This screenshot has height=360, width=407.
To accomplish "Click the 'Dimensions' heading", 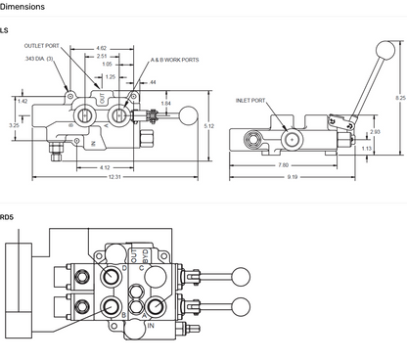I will (23, 7).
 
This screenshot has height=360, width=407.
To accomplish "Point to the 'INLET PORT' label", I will (251, 100).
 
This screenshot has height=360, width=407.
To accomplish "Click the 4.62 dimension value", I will (102, 47).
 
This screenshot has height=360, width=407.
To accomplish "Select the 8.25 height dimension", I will (399, 98).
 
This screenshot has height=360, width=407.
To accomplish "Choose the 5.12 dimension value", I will (208, 125).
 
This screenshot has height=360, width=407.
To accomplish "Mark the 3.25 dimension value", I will (13, 125).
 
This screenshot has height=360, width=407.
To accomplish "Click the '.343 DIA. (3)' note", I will (38, 60).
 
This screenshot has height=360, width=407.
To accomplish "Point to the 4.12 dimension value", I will (105, 166).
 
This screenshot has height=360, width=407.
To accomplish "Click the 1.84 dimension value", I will (165, 104).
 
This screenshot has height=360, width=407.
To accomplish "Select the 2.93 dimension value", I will (374, 131).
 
